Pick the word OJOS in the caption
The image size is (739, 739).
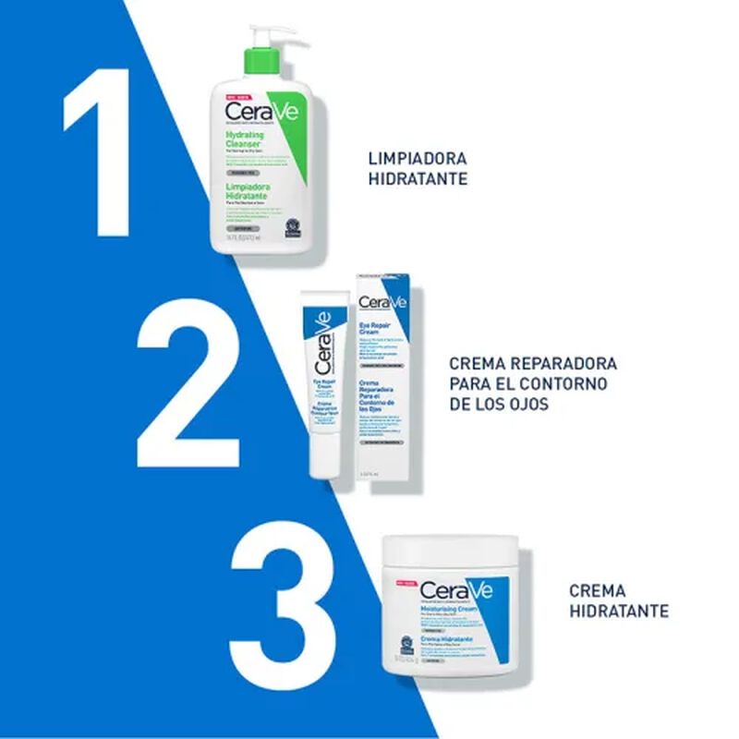tap(529, 405)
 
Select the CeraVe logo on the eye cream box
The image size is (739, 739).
tap(382, 302)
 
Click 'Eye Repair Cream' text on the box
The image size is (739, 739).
tap(377, 330)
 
